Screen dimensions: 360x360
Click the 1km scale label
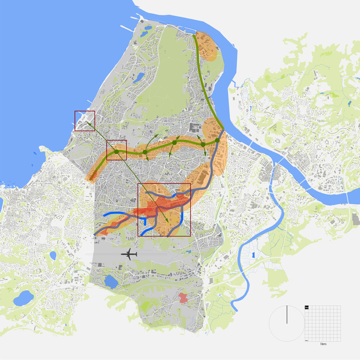(323, 345)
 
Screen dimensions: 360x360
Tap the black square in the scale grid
(307, 307)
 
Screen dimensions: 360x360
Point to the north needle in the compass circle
(287, 314)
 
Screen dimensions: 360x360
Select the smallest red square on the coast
(85, 121)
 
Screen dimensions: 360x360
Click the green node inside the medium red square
(117, 152)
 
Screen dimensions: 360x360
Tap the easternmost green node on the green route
(217, 140)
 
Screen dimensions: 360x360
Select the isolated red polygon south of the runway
(183, 298)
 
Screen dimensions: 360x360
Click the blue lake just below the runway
(111, 282)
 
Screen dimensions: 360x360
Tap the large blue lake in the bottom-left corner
(23, 298)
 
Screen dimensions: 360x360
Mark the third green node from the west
(174, 143)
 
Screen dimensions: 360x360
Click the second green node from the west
(145, 152)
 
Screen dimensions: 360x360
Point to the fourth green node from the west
(203, 144)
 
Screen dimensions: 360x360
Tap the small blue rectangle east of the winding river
(253, 255)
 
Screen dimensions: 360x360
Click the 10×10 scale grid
(323, 323)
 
